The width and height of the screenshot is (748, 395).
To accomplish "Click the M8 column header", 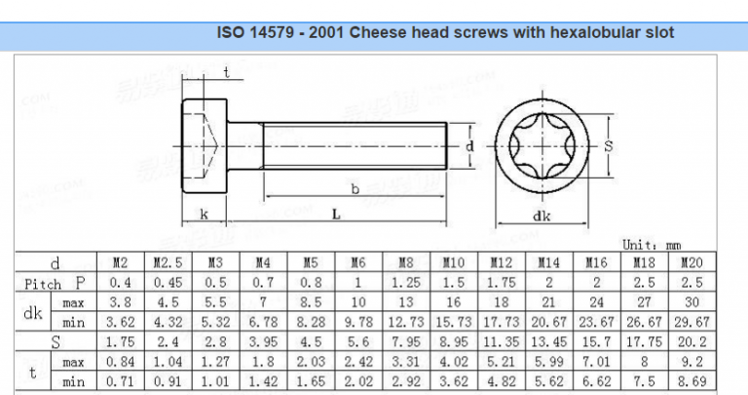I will pos(405,262).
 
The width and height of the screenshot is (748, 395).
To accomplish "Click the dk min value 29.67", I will pos(692,322).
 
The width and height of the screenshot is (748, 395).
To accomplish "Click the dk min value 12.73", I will pos(405,322).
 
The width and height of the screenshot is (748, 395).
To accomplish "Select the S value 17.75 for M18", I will pos(644,342).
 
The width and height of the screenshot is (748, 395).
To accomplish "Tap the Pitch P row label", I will pos(56,283).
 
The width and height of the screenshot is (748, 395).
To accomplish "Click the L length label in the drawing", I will pos(335,214).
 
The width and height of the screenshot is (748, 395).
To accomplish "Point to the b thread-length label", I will pos(355,188).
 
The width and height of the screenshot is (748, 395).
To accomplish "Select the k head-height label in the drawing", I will pos(204,213).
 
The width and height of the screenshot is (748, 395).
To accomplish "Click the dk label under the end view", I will pos(542,217).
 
